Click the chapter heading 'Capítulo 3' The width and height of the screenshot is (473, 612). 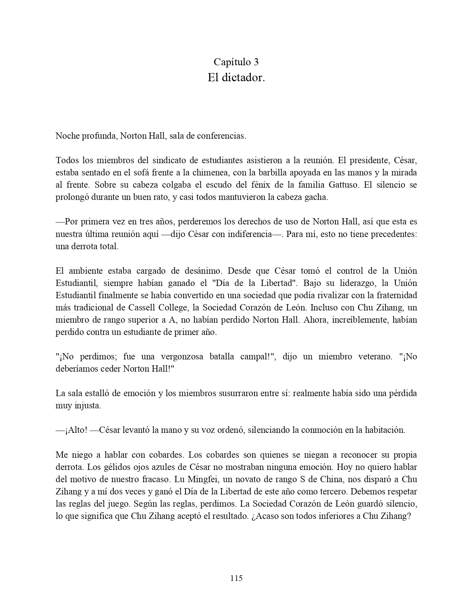(236, 62)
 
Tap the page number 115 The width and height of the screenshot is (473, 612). (236, 578)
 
